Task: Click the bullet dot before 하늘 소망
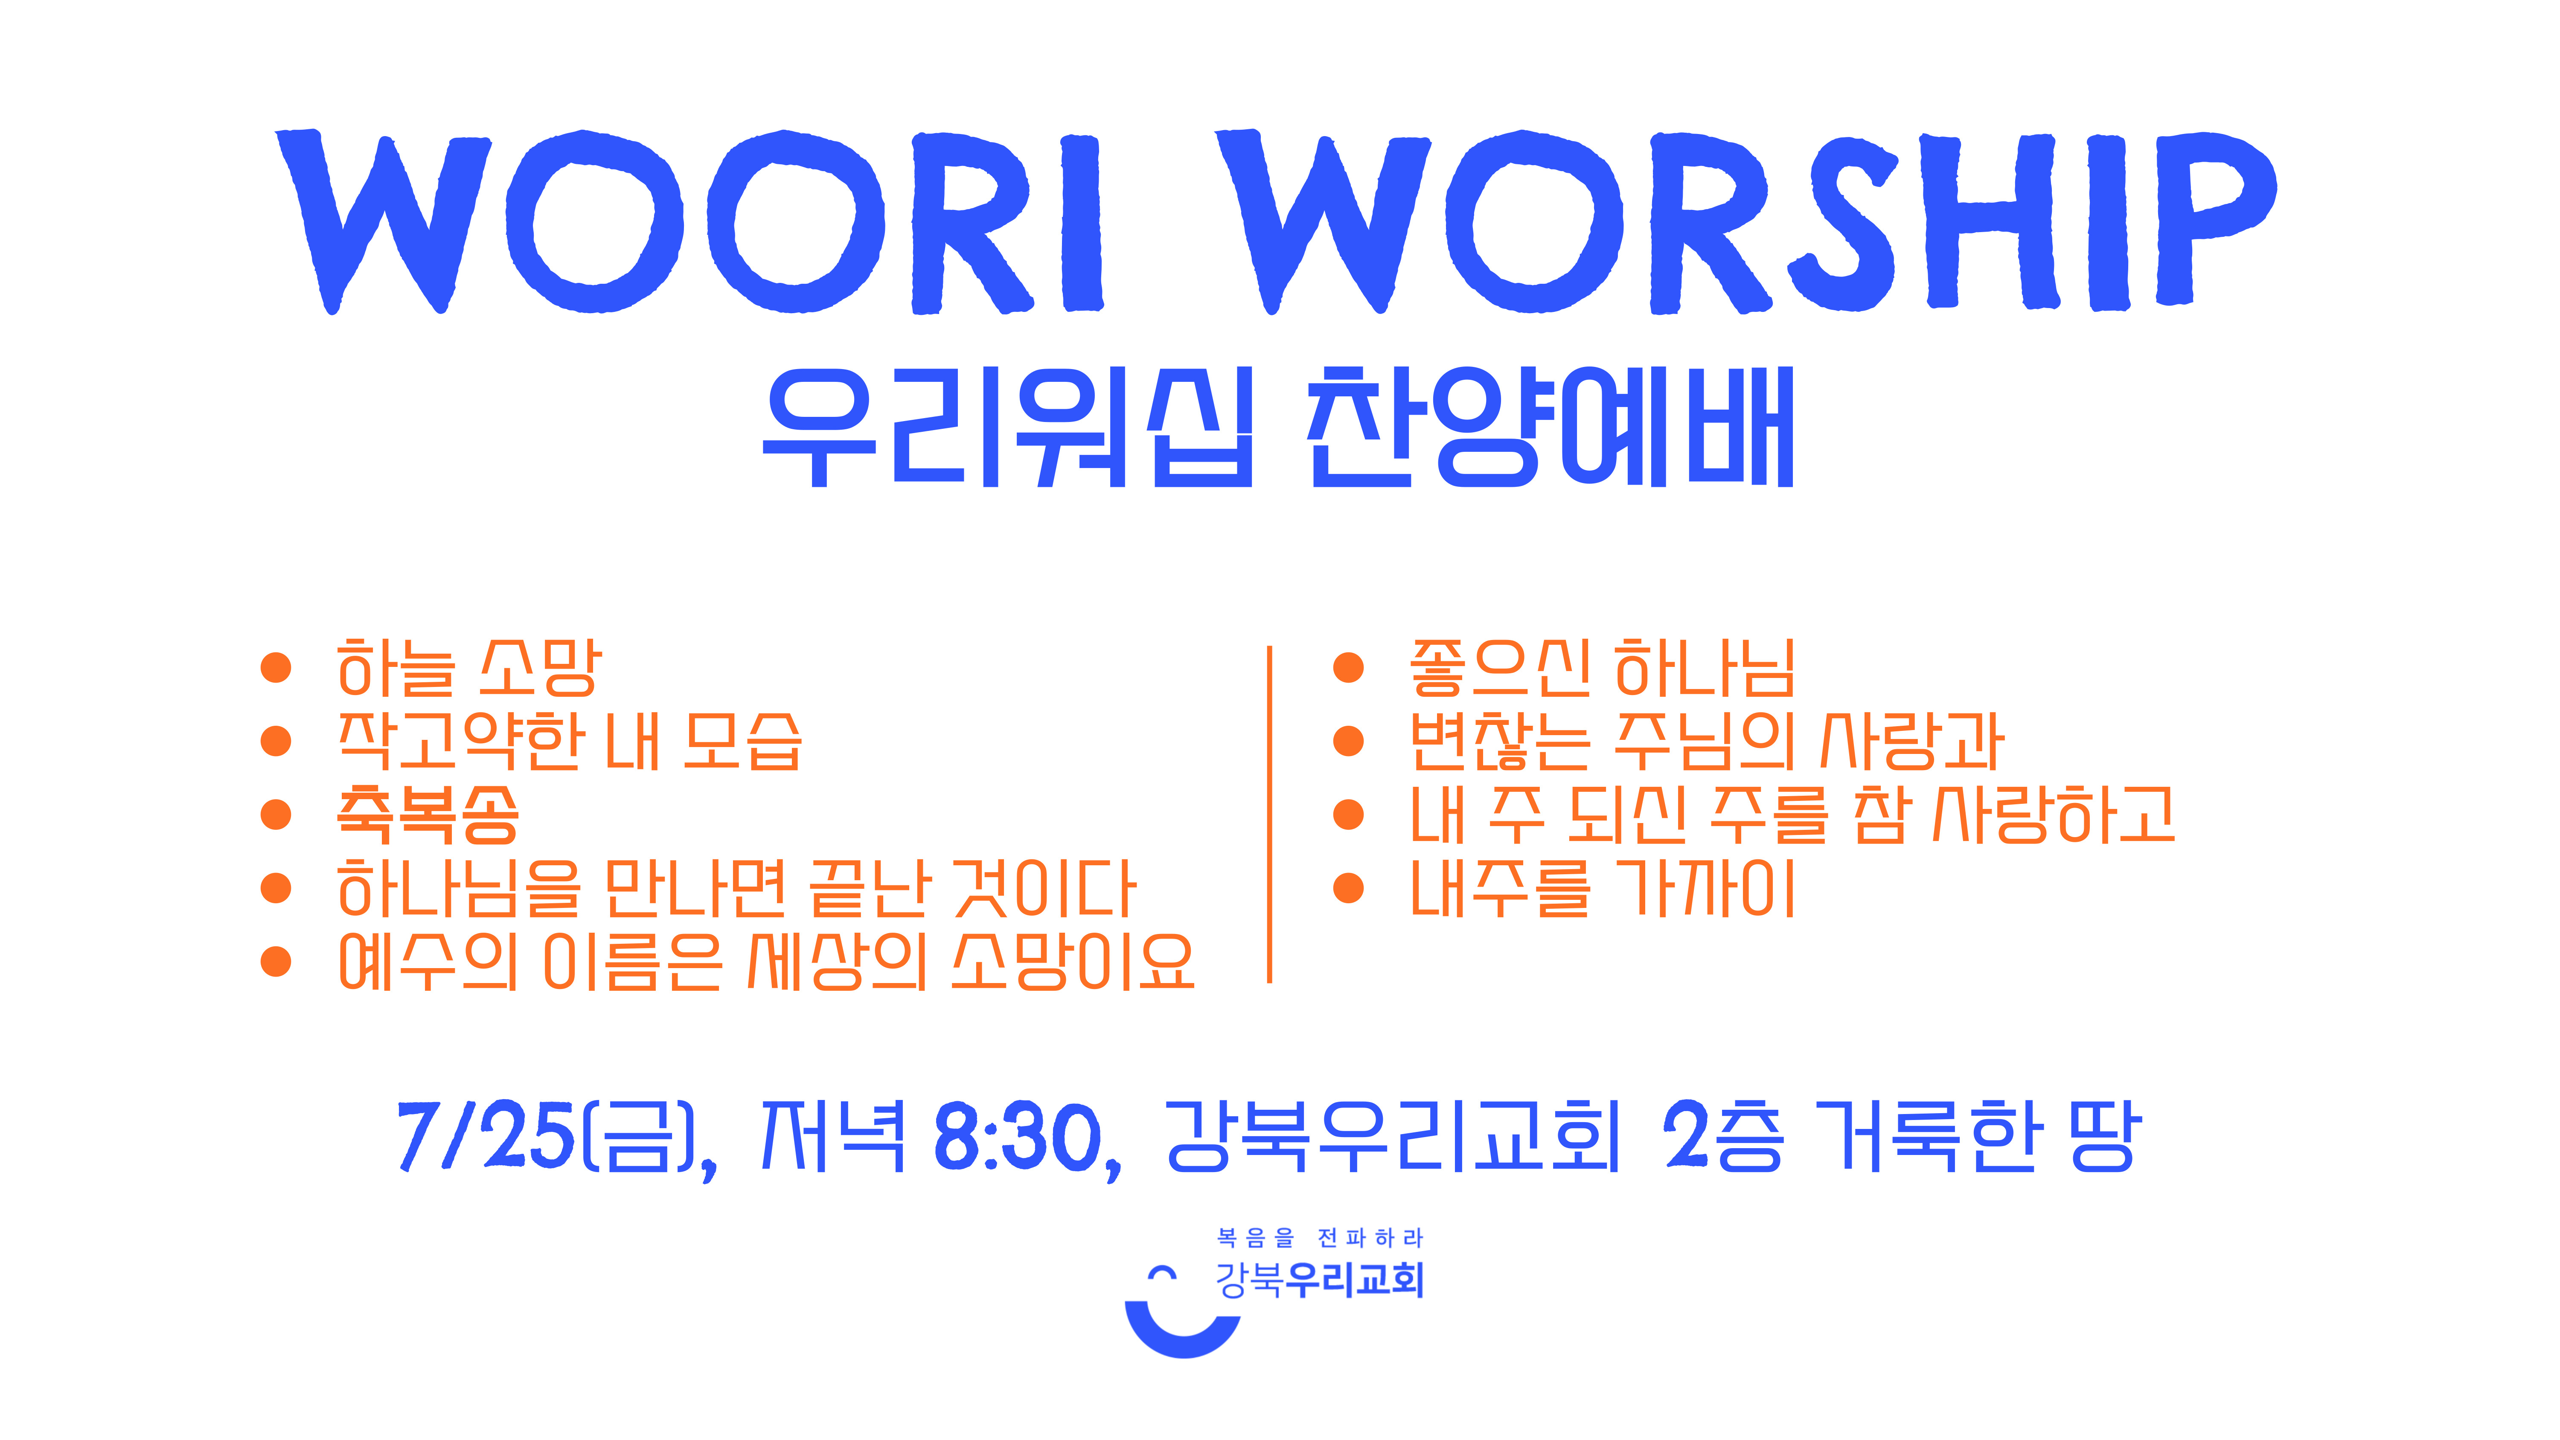pos(275,668)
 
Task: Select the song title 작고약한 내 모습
pos(570,742)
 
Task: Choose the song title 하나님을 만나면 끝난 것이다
pos(736,888)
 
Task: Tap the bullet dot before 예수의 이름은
pos(275,962)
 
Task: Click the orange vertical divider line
pos(1269,814)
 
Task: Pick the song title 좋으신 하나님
pos(1602,668)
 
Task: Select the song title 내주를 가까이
pos(1602,888)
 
